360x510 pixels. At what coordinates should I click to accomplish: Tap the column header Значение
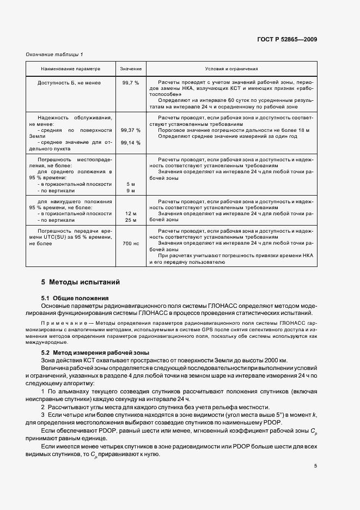point(131,70)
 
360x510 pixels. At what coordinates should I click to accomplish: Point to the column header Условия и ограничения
point(231,70)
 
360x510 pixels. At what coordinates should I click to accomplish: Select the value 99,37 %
point(131,130)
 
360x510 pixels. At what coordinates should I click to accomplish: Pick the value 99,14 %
point(131,142)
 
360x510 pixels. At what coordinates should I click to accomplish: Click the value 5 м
point(131,184)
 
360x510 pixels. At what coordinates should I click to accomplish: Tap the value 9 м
point(131,191)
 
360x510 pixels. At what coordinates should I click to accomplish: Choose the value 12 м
point(131,214)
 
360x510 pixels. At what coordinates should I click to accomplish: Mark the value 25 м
point(131,220)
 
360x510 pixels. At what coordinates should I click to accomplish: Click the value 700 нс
point(131,244)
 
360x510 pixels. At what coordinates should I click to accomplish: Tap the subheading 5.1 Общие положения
point(75,298)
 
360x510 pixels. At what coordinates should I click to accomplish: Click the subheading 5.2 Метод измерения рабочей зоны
point(91,353)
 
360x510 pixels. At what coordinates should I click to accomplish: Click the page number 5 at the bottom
point(315,465)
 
